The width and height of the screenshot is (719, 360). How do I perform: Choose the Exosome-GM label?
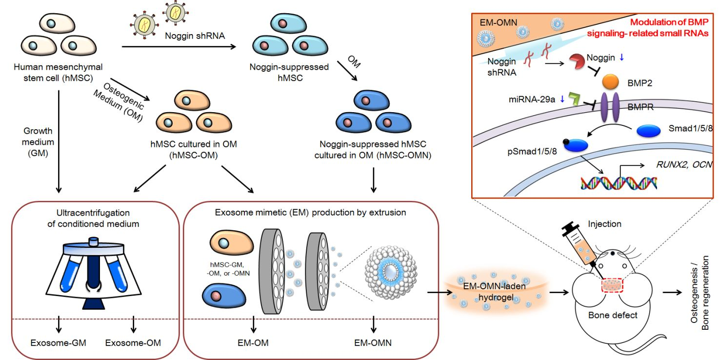point(59,342)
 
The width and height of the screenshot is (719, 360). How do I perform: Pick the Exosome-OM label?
point(133,342)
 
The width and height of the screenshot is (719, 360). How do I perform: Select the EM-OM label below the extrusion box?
point(253,342)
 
